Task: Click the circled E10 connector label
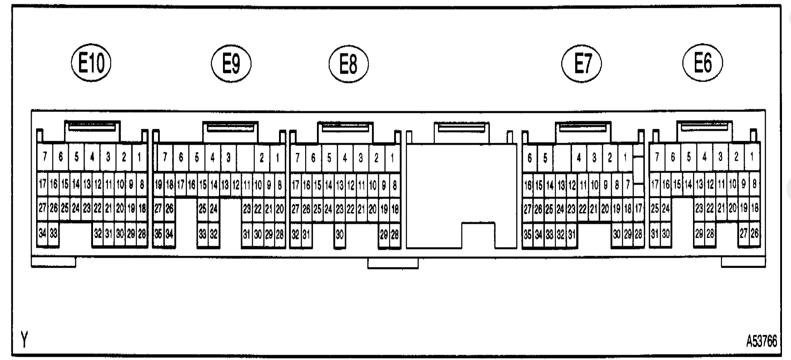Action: (91, 63)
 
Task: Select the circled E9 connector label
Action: (231, 64)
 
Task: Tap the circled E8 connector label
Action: (349, 64)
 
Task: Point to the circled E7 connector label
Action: (582, 64)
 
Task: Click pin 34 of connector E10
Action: (42, 234)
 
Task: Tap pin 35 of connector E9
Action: (158, 234)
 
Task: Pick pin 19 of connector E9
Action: (158, 185)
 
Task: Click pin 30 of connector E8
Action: (340, 234)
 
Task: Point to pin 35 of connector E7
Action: (527, 234)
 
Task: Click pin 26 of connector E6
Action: (754, 234)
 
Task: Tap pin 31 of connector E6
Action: (654, 234)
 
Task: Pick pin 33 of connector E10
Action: (54, 234)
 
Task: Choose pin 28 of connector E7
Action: (638, 234)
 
